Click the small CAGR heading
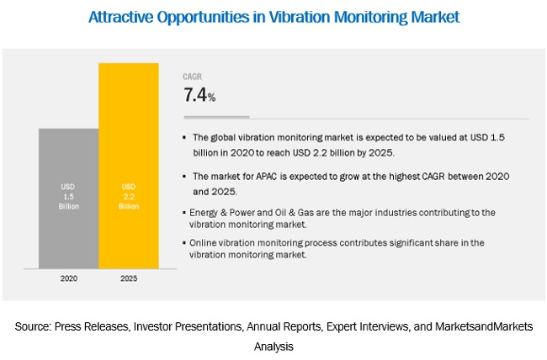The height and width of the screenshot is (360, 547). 194,76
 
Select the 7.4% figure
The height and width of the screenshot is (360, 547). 199,95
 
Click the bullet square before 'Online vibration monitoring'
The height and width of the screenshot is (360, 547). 185,243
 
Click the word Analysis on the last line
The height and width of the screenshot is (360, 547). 274,346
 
